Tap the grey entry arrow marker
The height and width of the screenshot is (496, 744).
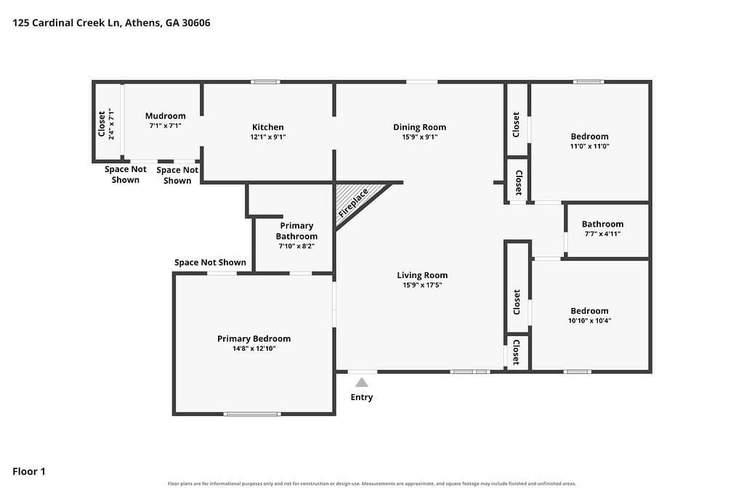(x=362, y=382)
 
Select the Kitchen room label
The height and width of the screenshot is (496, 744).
(x=268, y=127)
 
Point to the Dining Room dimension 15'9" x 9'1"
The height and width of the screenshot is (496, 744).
(x=419, y=137)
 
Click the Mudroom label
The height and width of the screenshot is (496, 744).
(x=165, y=115)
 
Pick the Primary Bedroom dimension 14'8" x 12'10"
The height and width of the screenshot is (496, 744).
(x=254, y=349)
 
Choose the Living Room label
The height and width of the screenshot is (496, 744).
(x=422, y=275)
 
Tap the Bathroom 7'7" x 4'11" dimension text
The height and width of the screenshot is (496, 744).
(x=602, y=234)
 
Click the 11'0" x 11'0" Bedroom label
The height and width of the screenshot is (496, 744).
(x=590, y=137)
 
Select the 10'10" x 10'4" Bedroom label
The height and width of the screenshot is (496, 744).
(x=589, y=311)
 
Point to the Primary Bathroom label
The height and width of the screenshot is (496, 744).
(x=296, y=231)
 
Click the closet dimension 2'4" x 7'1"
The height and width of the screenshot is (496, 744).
(x=111, y=124)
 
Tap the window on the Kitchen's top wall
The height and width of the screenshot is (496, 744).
(x=265, y=82)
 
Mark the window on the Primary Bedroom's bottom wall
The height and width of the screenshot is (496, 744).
(x=252, y=414)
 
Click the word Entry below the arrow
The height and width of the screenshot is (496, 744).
(x=362, y=397)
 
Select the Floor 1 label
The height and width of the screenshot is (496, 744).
(x=29, y=471)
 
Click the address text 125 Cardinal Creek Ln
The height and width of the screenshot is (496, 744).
(x=66, y=23)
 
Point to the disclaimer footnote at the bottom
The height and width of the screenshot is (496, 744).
(x=372, y=484)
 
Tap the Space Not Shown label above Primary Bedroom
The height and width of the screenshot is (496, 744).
(x=210, y=262)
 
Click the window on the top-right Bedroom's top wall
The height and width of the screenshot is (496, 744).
(x=589, y=82)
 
